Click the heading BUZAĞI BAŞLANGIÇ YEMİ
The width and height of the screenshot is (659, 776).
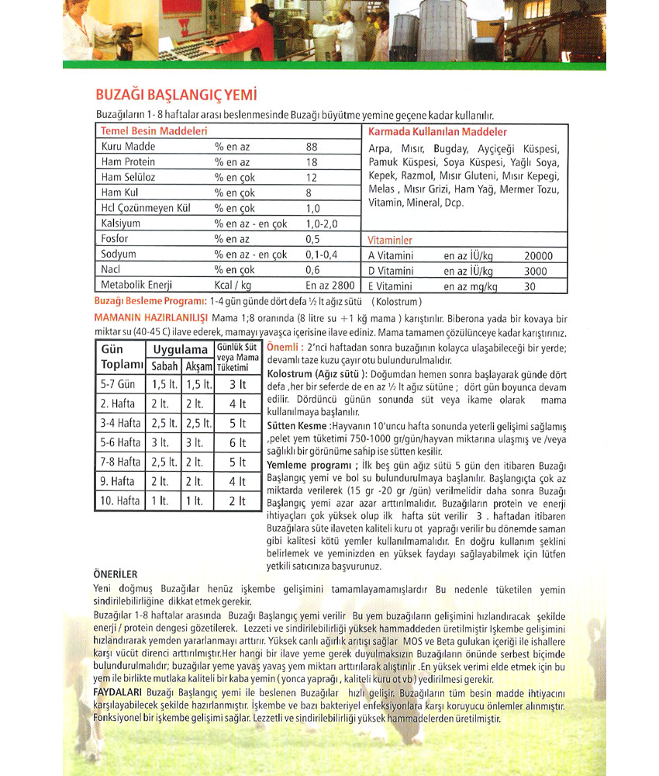tap(175, 95)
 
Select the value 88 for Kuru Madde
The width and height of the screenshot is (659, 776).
tap(312, 147)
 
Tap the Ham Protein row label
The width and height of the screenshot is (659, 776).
tap(128, 161)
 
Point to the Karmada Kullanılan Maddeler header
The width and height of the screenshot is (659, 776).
tap(437, 132)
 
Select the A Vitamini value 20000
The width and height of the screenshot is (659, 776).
tap(538, 255)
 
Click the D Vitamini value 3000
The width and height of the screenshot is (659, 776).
tap(535, 271)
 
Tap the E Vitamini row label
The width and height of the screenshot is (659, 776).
tap(391, 286)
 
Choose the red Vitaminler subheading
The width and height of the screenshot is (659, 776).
tap(390, 241)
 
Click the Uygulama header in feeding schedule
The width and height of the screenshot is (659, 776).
tap(180, 349)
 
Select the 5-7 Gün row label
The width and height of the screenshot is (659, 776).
tap(118, 384)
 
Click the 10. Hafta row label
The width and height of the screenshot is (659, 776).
tap(120, 501)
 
